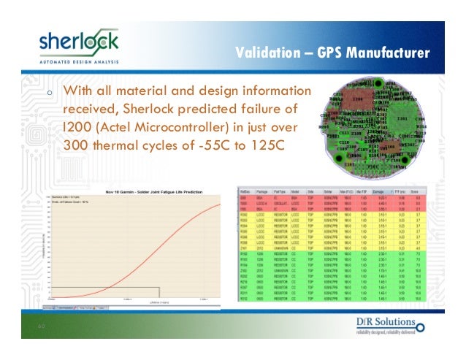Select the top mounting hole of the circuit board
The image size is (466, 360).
click(x=378, y=83)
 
